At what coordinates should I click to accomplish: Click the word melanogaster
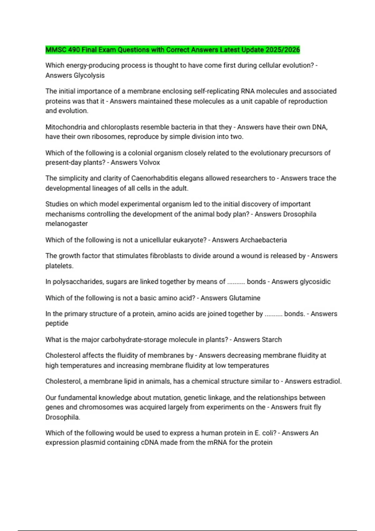pos(67,224)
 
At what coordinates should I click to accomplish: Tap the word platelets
pos(59,266)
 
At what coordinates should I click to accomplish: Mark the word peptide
pos(57,323)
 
